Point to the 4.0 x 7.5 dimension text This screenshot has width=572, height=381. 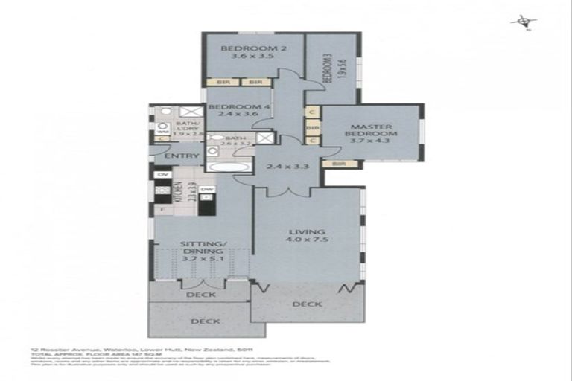pos(305,240)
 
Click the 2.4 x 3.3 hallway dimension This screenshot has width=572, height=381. pos(277,167)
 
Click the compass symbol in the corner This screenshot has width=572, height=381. pos(519,22)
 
